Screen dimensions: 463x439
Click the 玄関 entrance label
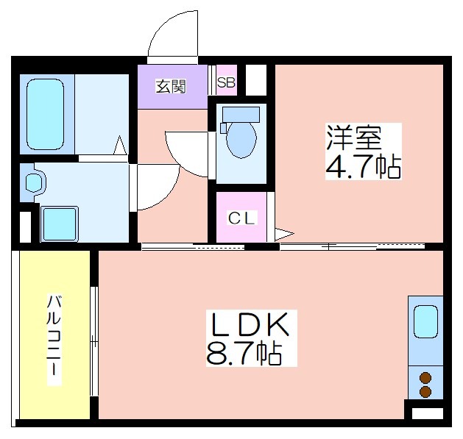point(171,87)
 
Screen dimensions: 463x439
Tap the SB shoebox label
point(226,82)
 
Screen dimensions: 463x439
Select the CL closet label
point(241,218)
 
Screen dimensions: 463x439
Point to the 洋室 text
point(354,138)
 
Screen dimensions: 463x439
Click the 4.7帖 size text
point(363,166)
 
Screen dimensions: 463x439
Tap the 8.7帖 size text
point(244,353)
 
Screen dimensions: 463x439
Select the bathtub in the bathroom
point(45,114)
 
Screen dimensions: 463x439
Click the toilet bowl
point(241,140)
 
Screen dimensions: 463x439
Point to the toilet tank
point(241,114)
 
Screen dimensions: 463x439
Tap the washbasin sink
point(34,182)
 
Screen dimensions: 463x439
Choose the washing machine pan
point(60,224)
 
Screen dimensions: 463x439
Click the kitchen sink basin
point(425,321)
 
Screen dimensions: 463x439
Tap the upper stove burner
point(425,377)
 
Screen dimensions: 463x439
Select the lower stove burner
point(425,391)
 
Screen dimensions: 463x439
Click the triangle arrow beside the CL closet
point(284,234)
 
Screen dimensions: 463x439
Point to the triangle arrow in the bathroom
point(120,145)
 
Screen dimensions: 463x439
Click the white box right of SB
point(256,79)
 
